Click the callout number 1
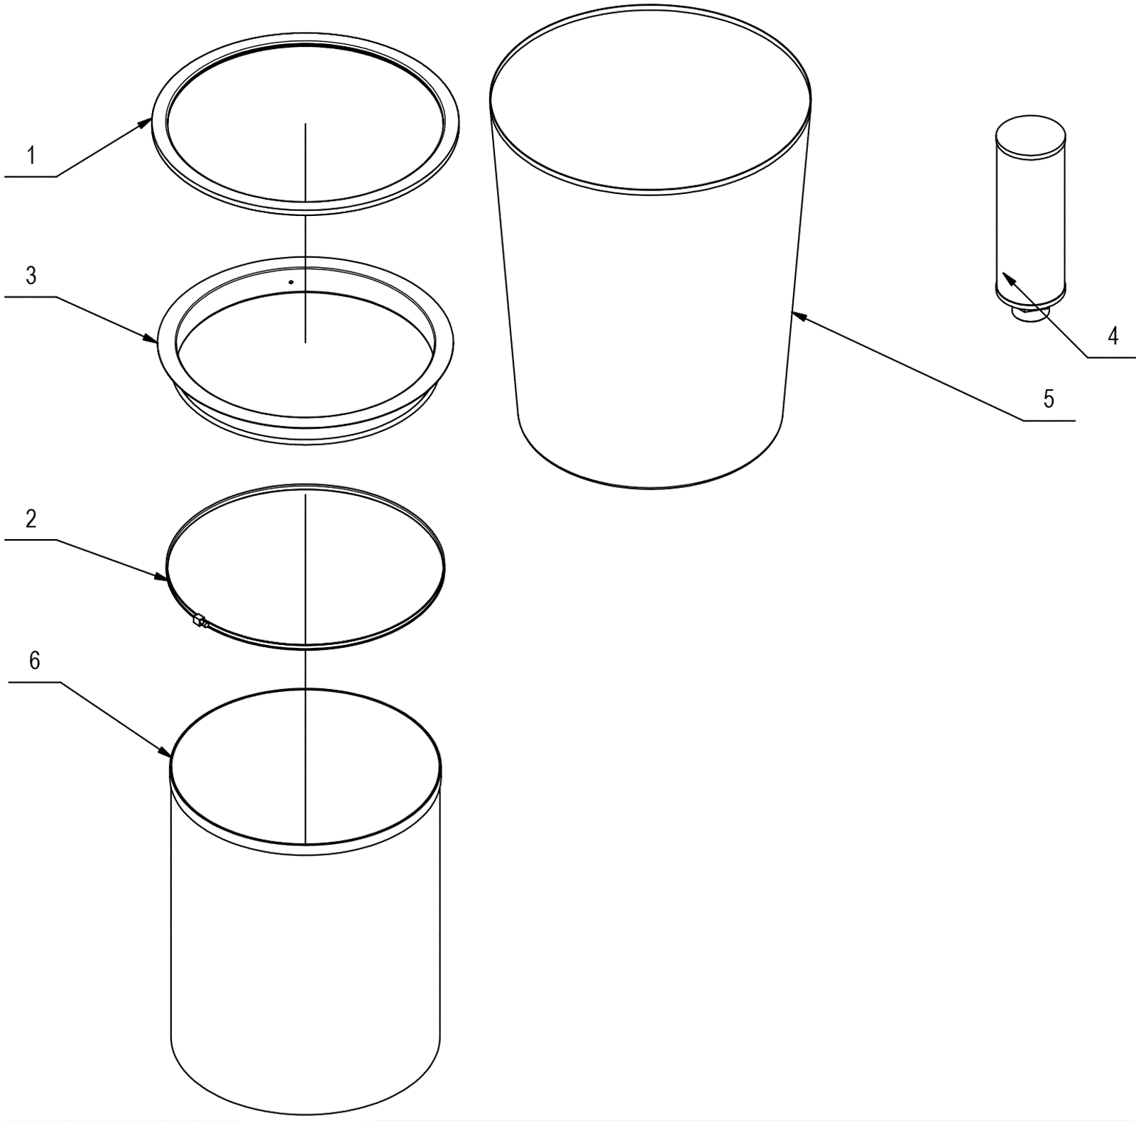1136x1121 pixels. point(31,155)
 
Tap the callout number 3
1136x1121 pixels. point(31,276)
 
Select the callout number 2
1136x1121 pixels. point(31,519)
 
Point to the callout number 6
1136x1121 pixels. point(34,661)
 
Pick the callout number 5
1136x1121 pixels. point(1049,399)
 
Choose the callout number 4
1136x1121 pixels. point(1113,335)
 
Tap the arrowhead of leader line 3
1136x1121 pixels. point(151,338)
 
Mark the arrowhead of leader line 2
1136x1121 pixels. point(162,577)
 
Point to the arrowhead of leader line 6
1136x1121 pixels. point(164,750)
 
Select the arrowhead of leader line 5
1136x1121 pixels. point(799,316)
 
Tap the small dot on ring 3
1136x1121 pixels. point(291,282)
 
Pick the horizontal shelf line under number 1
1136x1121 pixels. point(30,176)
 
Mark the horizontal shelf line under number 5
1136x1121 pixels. point(1049,421)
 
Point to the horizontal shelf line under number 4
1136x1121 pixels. point(1111,357)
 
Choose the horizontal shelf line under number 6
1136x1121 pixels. point(34,682)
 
